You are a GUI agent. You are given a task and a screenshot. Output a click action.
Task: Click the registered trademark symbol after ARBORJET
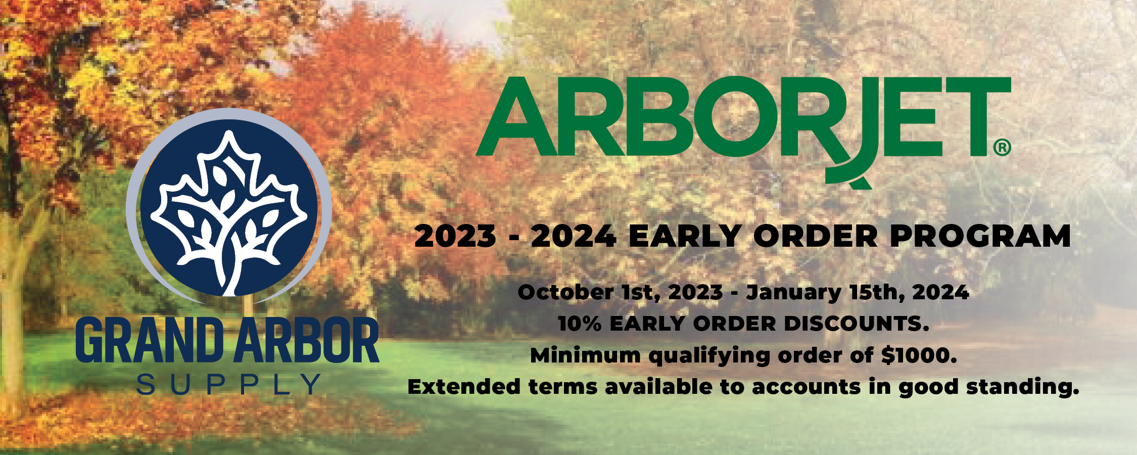pyautogui.click(x=1002, y=148)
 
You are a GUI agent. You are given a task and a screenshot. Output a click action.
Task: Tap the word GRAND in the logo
pyautogui.click(x=150, y=340)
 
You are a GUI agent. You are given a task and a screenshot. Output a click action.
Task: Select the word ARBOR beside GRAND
pyautogui.click(x=307, y=340)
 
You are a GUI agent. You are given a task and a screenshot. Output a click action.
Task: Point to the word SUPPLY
pyautogui.click(x=228, y=385)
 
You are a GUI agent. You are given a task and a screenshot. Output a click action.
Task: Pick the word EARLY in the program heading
pyautogui.click(x=685, y=236)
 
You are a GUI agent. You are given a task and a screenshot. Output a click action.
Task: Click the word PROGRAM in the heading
pyautogui.click(x=980, y=236)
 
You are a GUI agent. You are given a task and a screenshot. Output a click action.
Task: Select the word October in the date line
pyautogui.click(x=565, y=292)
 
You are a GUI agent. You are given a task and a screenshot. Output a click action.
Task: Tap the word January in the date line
pyautogui.click(x=793, y=292)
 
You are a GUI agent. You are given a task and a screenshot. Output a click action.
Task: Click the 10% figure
pyautogui.click(x=580, y=324)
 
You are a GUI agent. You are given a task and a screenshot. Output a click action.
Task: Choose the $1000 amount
pyautogui.click(x=919, y=355)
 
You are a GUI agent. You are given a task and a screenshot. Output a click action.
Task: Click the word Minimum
pyautogui.click(x=585, y=355)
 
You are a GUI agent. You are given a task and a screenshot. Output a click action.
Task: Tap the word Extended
pyautogui.click(x=464, y=387)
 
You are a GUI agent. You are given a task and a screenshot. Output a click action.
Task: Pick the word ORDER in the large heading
pyautogui.click(x=816, y=236)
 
